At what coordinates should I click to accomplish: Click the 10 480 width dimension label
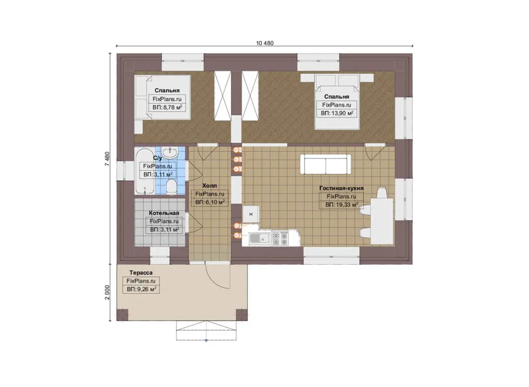[265, 43]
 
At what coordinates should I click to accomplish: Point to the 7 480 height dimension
[108, 159]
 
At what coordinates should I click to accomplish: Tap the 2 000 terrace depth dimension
[108, 292]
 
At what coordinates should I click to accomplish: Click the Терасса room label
[140, 272]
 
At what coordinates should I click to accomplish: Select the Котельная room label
[164, 213]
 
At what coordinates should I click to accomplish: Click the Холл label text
[209, 186]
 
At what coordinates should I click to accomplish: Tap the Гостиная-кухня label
[341, 188]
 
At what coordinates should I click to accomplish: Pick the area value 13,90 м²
[337, 113]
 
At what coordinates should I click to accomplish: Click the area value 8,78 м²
[168, 107]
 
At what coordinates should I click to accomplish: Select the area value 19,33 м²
[341, 204]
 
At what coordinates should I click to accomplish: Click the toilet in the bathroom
[172, 187]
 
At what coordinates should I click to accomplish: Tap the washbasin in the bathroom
[170, 153]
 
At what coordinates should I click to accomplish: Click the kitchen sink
[260, 238]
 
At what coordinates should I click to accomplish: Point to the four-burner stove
[280, 238]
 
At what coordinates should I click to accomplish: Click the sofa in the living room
[326, 164]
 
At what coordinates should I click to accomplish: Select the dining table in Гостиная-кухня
[382, 221]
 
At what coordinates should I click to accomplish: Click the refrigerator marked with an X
[251, 214]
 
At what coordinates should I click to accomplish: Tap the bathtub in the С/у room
[145, 171]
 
